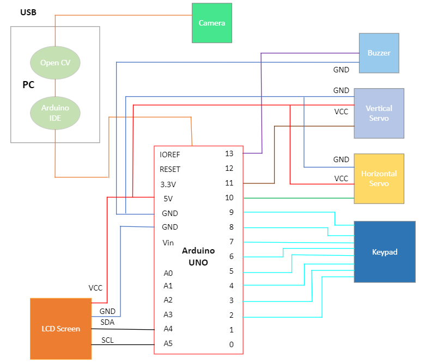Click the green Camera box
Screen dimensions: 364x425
pyautogui.click(x=211, y=23)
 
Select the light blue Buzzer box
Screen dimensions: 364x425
pyautogui.click(x=379, y=53)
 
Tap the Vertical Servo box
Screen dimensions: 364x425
pyautogui.click(x=379, y=113)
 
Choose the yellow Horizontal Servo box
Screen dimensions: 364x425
pyautogui.click(x=379, y=178)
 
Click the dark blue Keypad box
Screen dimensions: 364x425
pyautogui.click(x=385, y=252)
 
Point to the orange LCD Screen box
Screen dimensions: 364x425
pyautogui.click(x=60, y=329)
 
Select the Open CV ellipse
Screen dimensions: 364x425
pyautogui.click(x=55, y=63)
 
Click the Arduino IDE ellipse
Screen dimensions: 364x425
pyautogui.click(x=55, y=113)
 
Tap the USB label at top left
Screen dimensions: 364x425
pyautogui.click(x=28, y=12)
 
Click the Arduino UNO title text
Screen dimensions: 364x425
pyautogui.click(x=198, y=256)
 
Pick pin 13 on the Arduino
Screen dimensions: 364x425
pyautogui.click(x=229, y=154)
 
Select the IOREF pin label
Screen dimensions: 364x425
pyautogui.click(x=170, y=155)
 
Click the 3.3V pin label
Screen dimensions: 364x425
pyautogui.click(x=169, y=184)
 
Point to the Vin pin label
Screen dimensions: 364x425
pyautogui.click(x=168, y=243)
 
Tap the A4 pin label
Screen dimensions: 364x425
pyautogui.click(x=168, y=329)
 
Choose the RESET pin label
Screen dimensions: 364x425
pyautogui.click(x=170, y=169)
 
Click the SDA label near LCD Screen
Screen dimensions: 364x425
pyautogui.click(x=107, y=322)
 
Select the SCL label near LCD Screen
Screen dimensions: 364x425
pyautogui.click(x=107, y=341)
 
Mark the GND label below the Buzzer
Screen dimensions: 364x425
pyautogui.click(x=341, y=70)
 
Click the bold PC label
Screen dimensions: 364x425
pyautogui.click(x=28, y=85)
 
